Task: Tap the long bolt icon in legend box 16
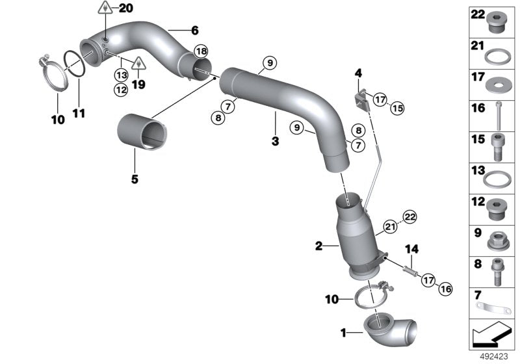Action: coord(499,114)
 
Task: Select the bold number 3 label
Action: coord(275,140)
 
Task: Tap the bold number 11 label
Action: coord(79,113)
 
